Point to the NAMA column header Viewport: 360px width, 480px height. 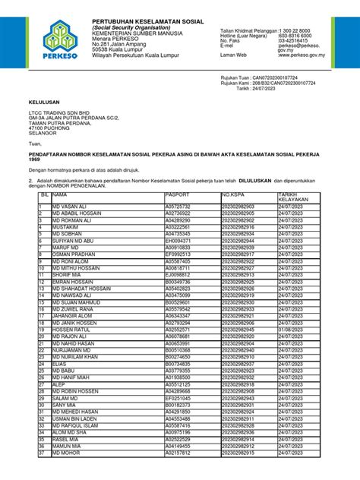pyautogui.click(x=61, y=195)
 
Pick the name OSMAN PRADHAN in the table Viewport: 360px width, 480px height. pyautogui.click(x=74, y=254)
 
